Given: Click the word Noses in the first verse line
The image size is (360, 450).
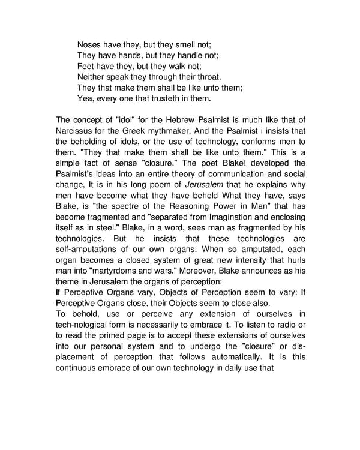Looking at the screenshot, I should (x=90, y=44).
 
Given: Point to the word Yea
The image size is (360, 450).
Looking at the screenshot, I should (x=85, y=98).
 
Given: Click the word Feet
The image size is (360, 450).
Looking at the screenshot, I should (x=86, y=65).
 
